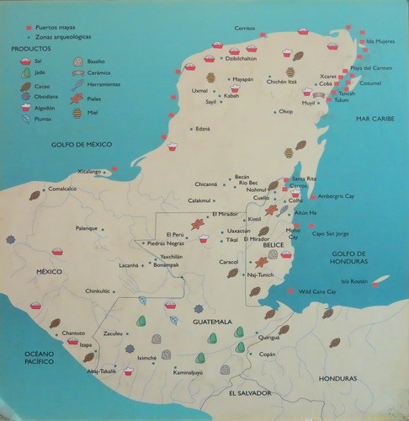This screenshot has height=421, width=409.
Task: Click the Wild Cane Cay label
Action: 321,291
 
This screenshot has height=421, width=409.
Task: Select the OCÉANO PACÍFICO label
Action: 25,355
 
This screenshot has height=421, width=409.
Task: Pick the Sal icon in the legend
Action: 25,61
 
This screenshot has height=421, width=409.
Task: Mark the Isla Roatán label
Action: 354,282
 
